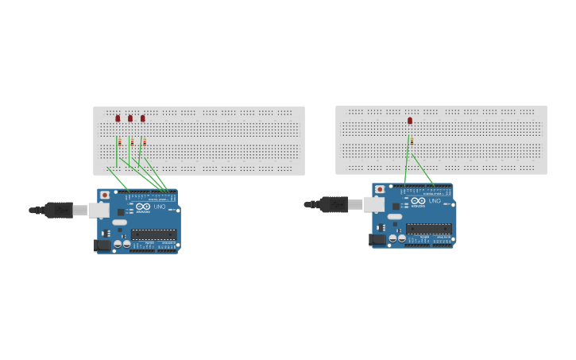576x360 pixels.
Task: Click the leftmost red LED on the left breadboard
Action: pos(118,118)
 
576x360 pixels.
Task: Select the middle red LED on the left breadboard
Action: pos(130,118)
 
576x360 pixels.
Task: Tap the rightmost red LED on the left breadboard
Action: pos(143,118)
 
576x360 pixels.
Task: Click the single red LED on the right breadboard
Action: pos(410,121)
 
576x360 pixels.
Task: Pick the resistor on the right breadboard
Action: pos(412,141)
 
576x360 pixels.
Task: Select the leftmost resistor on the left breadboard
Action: pos(119,143)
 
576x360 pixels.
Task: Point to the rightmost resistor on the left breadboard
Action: pos(145,143)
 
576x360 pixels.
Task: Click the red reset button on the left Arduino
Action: pos(105,195)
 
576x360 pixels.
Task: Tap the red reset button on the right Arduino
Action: pos(380,190)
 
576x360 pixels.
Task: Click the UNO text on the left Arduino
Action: pos(159,207)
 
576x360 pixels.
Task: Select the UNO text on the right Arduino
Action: pos(435,201)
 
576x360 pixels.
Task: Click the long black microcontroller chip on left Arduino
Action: pos(153,234)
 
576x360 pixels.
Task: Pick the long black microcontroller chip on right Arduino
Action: pos(429,229)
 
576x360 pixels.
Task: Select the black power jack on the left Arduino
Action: pos(102,245)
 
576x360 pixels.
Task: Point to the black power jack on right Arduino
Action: pos(377,239)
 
